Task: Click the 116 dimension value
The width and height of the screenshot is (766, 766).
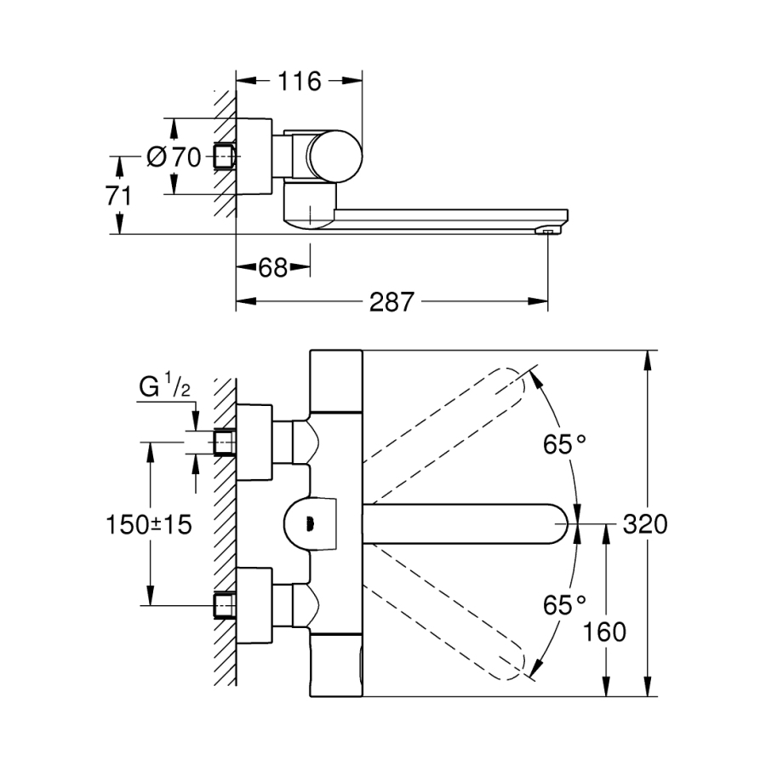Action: pos(299,82)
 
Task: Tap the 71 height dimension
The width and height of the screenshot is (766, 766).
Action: pos(119,195)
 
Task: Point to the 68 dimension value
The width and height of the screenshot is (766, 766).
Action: pos(272,268)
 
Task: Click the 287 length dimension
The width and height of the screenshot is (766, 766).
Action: pos(392,301)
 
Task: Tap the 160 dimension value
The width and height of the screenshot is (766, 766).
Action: pos(605,632)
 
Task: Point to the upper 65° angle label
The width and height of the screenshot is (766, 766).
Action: pos(566,443)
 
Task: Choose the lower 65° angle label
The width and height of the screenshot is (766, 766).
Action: pos(566,605)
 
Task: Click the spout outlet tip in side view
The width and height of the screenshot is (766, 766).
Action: pos(547,230)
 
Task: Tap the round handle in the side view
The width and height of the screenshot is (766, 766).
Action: pos(334,156)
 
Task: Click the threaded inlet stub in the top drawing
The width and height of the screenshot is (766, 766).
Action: pos(224,157)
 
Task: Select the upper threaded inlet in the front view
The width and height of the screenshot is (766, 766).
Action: pos(224,443)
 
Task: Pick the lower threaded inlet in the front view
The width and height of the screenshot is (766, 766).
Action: pos(224,605)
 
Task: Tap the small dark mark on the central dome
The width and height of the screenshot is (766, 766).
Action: pos(310,524)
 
